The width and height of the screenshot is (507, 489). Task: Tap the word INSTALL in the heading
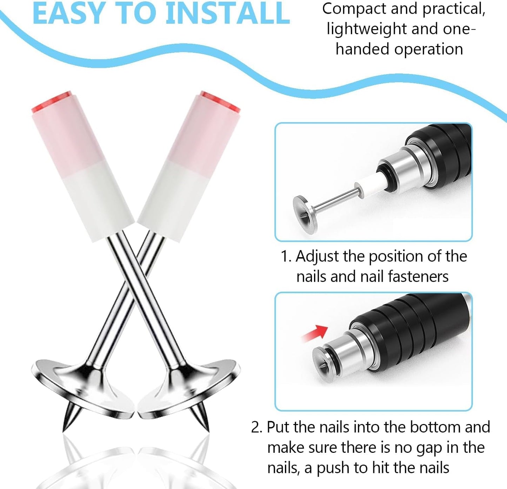[228, 13]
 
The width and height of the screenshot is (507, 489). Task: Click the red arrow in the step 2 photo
[315, 333]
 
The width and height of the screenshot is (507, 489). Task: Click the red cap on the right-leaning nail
[221, 102]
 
